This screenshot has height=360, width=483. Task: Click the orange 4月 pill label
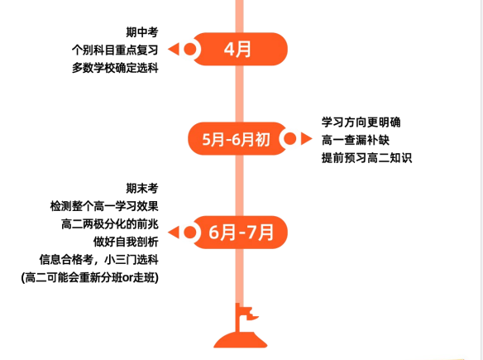pos(237,49)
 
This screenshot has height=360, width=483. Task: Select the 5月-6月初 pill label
pos(237,139)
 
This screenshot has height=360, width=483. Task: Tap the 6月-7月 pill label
pos(241,232)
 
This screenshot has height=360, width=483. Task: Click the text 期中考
pos(142,32)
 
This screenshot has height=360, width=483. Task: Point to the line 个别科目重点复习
pos(115,50)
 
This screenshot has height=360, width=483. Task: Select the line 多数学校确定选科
pos(115,68)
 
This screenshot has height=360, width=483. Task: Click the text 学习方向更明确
pos(361,122)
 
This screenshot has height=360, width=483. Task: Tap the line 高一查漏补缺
pos(356,140)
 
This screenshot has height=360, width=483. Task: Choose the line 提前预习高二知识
pos(366,158)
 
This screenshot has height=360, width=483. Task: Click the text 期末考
pos(142,188)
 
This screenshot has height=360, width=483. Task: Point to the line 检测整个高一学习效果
pos(104,206)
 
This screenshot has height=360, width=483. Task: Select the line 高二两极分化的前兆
pos(110,223)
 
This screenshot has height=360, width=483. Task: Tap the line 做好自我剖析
pos(126,242)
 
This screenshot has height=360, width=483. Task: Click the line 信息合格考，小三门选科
pos(98,260)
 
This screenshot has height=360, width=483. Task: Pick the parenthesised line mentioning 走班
pos(90,278)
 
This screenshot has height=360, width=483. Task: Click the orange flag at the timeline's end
pos(241,326)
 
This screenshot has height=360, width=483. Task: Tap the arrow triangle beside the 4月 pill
pos(174,49)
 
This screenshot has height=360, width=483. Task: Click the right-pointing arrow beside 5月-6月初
pos(307,138)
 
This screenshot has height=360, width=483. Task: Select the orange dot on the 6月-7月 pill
pos(189,233)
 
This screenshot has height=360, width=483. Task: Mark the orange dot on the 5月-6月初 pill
pos(289,139)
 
